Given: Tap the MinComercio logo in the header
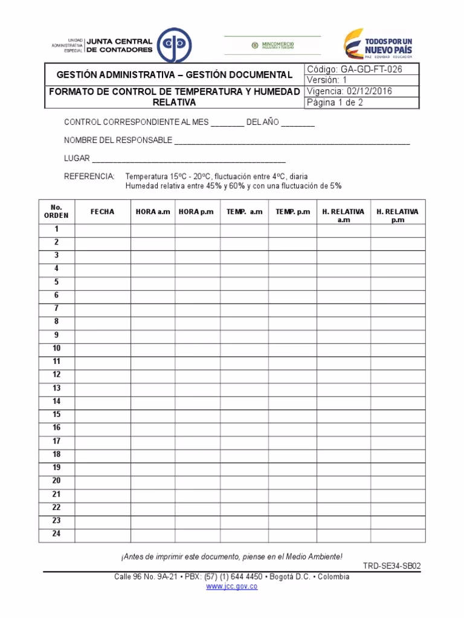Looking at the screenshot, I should pos(272,45).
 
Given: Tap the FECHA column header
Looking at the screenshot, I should pos(102,212).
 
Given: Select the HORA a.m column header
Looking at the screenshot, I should pos(153,212).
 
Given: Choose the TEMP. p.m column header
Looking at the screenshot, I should pos(292,212).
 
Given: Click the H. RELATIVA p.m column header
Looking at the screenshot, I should pos(397,215).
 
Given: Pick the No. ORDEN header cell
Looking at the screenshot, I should pos(56,211).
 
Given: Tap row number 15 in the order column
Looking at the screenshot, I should pos(56,415).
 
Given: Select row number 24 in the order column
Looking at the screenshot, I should pos(56,534).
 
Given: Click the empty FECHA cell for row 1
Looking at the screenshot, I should pos(102,230).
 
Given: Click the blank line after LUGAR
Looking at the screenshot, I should pos(188,160).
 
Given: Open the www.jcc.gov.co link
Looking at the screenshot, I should pos(232,587).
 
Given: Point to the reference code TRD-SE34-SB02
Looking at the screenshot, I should pos(391,566).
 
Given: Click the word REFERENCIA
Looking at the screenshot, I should pos(89,176).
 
